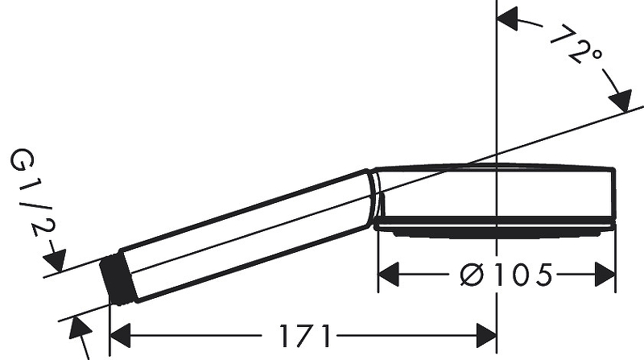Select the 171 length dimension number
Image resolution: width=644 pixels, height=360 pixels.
[305, 333]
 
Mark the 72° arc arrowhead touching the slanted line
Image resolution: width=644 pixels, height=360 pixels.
[620, 102]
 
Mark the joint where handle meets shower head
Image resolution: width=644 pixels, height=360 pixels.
[374, 198]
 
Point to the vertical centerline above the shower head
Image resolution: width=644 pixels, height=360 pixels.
[497, 81]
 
